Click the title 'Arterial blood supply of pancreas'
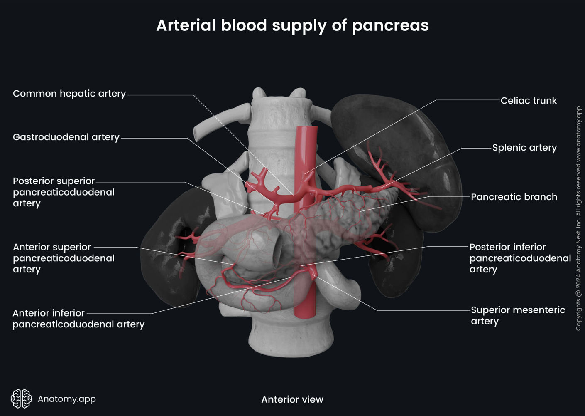click(x=292, y=25)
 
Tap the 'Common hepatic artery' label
click(x=69, y=94)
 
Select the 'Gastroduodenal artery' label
click(x=66, y=137)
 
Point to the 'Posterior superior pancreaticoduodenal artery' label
click(x=63, y=192)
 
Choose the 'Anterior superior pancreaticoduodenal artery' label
click(x=63, y=258)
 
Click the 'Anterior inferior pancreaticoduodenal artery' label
click(x=78, y=319)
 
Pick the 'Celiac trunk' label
click(x=528, y=101)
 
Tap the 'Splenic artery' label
click(x=524, y=148)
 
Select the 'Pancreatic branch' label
click(x=514, y=197)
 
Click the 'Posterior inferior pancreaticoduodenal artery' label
click(x=520, y=258)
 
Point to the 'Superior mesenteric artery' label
click(x=517, y=315)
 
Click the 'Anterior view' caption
click(x=292, y=399)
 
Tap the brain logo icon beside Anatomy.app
click(x=21, y=399)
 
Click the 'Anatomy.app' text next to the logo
click(x=66, y=399)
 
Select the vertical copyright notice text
click(x=578, y=218)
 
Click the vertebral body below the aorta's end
click(x=291, y=337)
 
